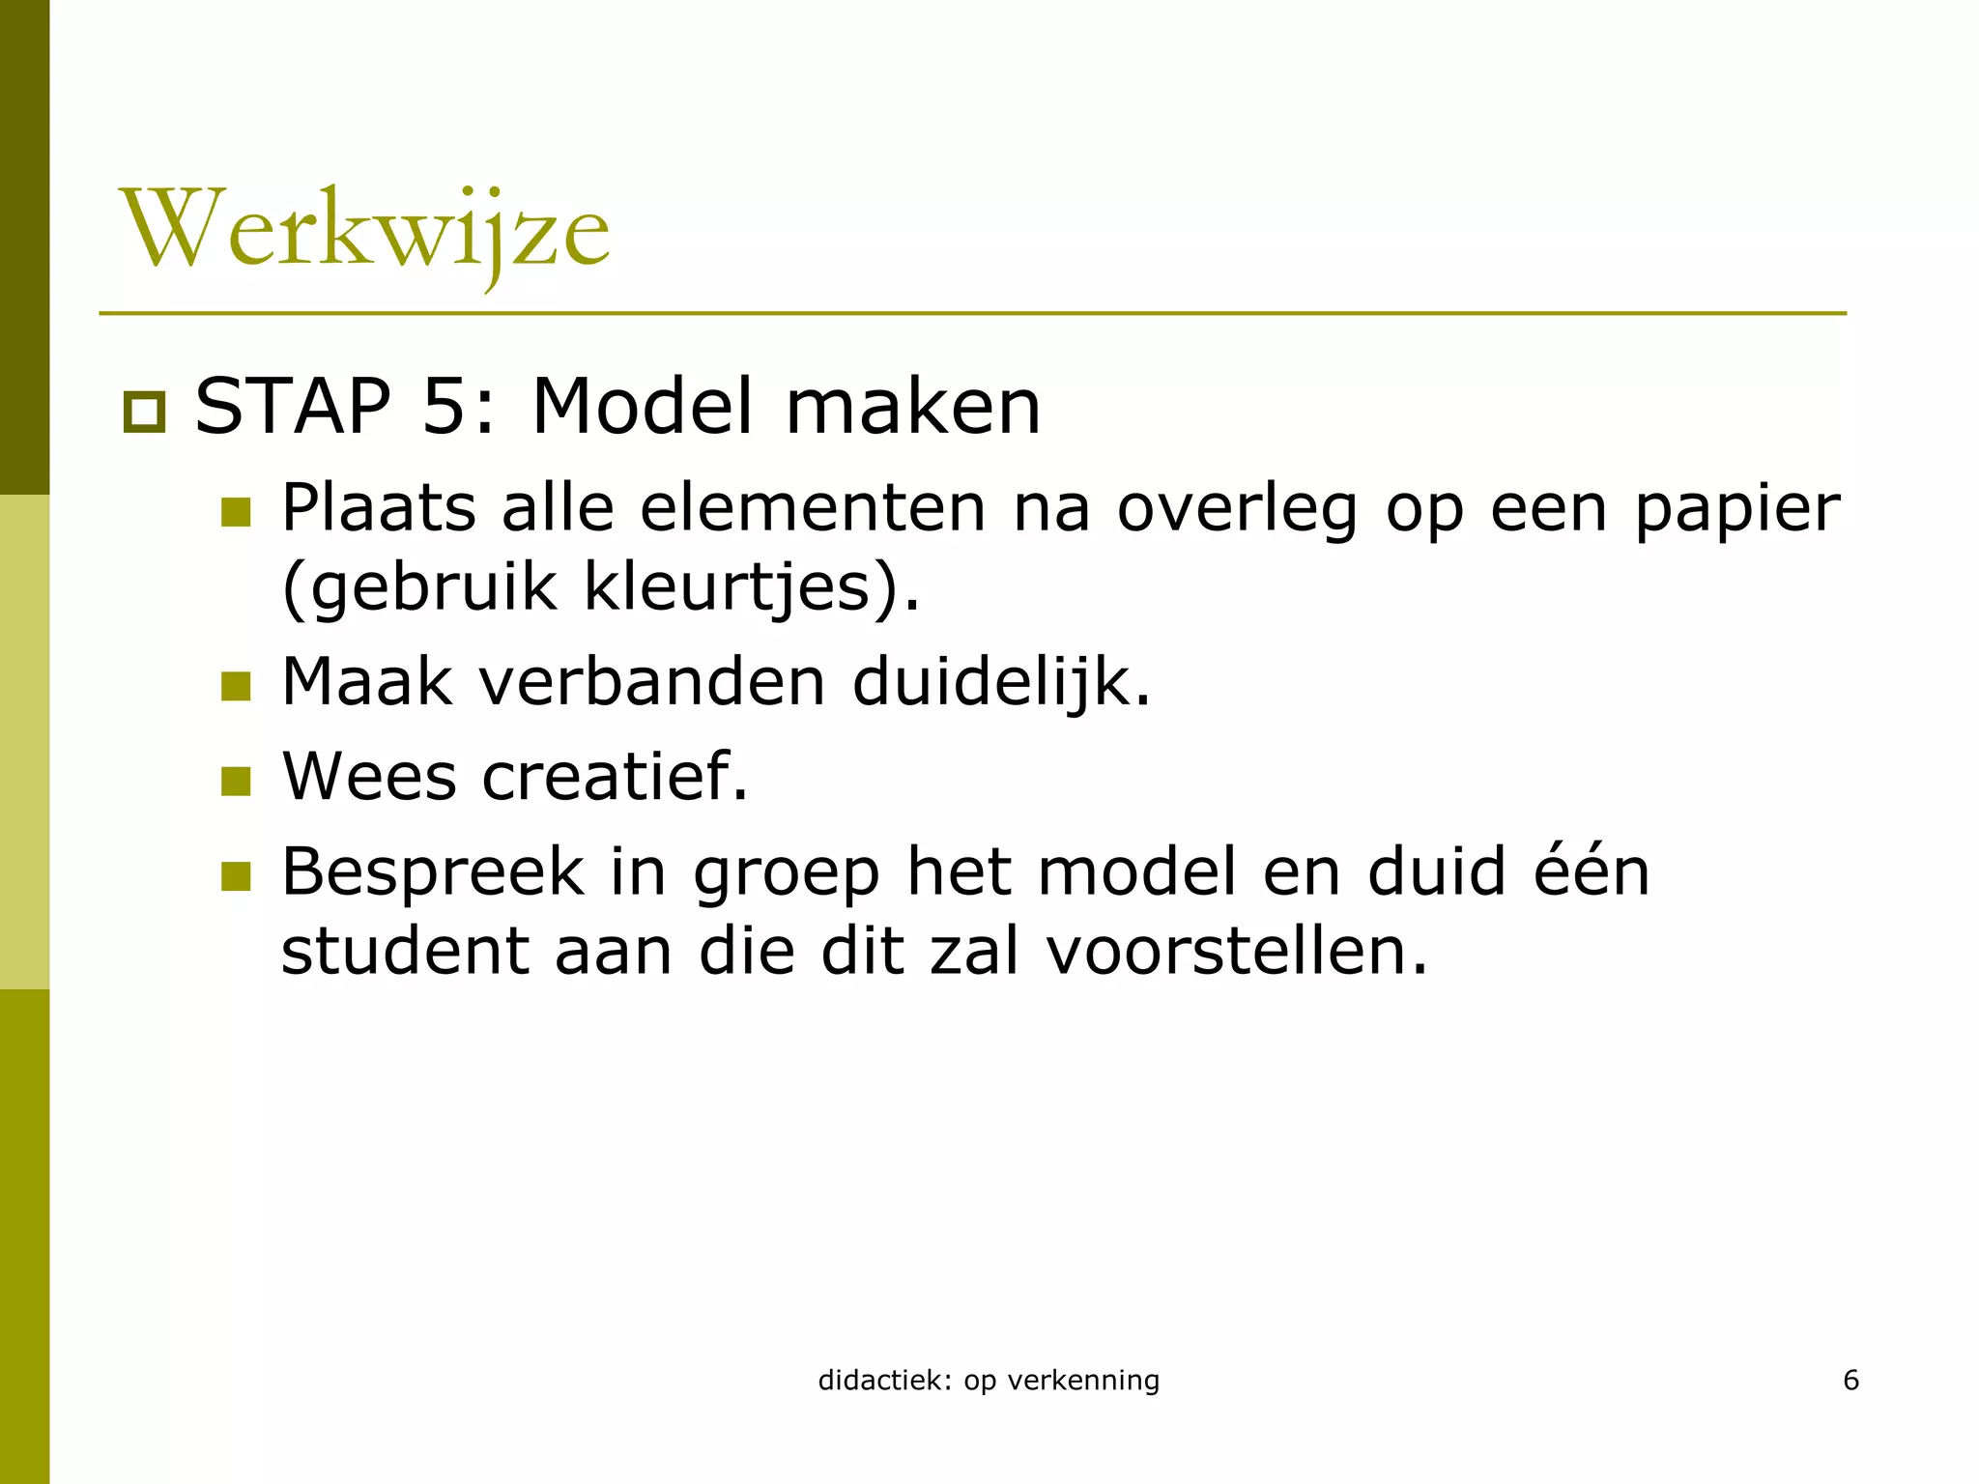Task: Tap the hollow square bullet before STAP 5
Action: [x=145, y=413]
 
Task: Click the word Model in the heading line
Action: [x=642, y=406]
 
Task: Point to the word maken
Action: [x=913, y=406]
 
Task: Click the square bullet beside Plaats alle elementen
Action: [x=236, y=512]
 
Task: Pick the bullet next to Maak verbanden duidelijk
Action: [x=236, y=686]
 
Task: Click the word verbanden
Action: [x=652, y=682]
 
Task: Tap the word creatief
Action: [x=615, y=777]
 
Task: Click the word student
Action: [x=405, y=951]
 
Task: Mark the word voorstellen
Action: [x=1237, y=951]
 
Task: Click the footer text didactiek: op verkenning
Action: [x=989, y=1381]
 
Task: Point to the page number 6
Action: [x=1851, y=1380]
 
